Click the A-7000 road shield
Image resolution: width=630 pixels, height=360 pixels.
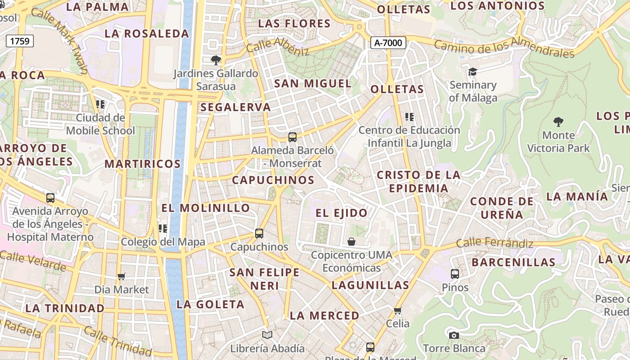[x=388, y=43]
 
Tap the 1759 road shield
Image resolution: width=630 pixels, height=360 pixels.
[x=20, y=41]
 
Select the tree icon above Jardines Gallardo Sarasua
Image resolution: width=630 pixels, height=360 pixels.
[x=216, y=60]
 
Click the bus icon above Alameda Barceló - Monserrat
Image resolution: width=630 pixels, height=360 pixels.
[x=292, y=137]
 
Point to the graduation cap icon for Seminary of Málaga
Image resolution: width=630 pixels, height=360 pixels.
[x=472, y=72]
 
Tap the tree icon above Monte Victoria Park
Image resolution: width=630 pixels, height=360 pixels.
[x=558, y=121]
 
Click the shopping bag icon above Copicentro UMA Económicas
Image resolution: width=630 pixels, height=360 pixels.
[x=351, y=242]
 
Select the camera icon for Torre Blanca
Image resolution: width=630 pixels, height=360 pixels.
[x=454, y=335]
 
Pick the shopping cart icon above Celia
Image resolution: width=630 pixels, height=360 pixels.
[x=397, y=310]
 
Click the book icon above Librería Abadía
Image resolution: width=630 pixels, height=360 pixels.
[x=267, y=335]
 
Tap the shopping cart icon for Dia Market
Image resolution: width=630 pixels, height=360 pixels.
[x=121, y=276]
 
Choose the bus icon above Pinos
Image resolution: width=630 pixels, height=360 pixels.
[x=455, y=274]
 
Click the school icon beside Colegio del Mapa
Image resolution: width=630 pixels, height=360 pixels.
[x=163, y=229]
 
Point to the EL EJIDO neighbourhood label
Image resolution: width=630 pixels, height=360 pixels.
[x=342, y=213]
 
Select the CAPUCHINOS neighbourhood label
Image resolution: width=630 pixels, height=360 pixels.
[x=273, y=180]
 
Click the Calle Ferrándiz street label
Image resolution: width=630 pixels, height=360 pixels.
[x=495, y=243]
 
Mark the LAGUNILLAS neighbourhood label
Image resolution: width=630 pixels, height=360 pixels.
[x=370, y=285]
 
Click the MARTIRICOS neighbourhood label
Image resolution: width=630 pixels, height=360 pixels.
[x=143, y=164]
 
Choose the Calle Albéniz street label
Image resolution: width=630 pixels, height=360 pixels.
[x=278, y=46]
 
